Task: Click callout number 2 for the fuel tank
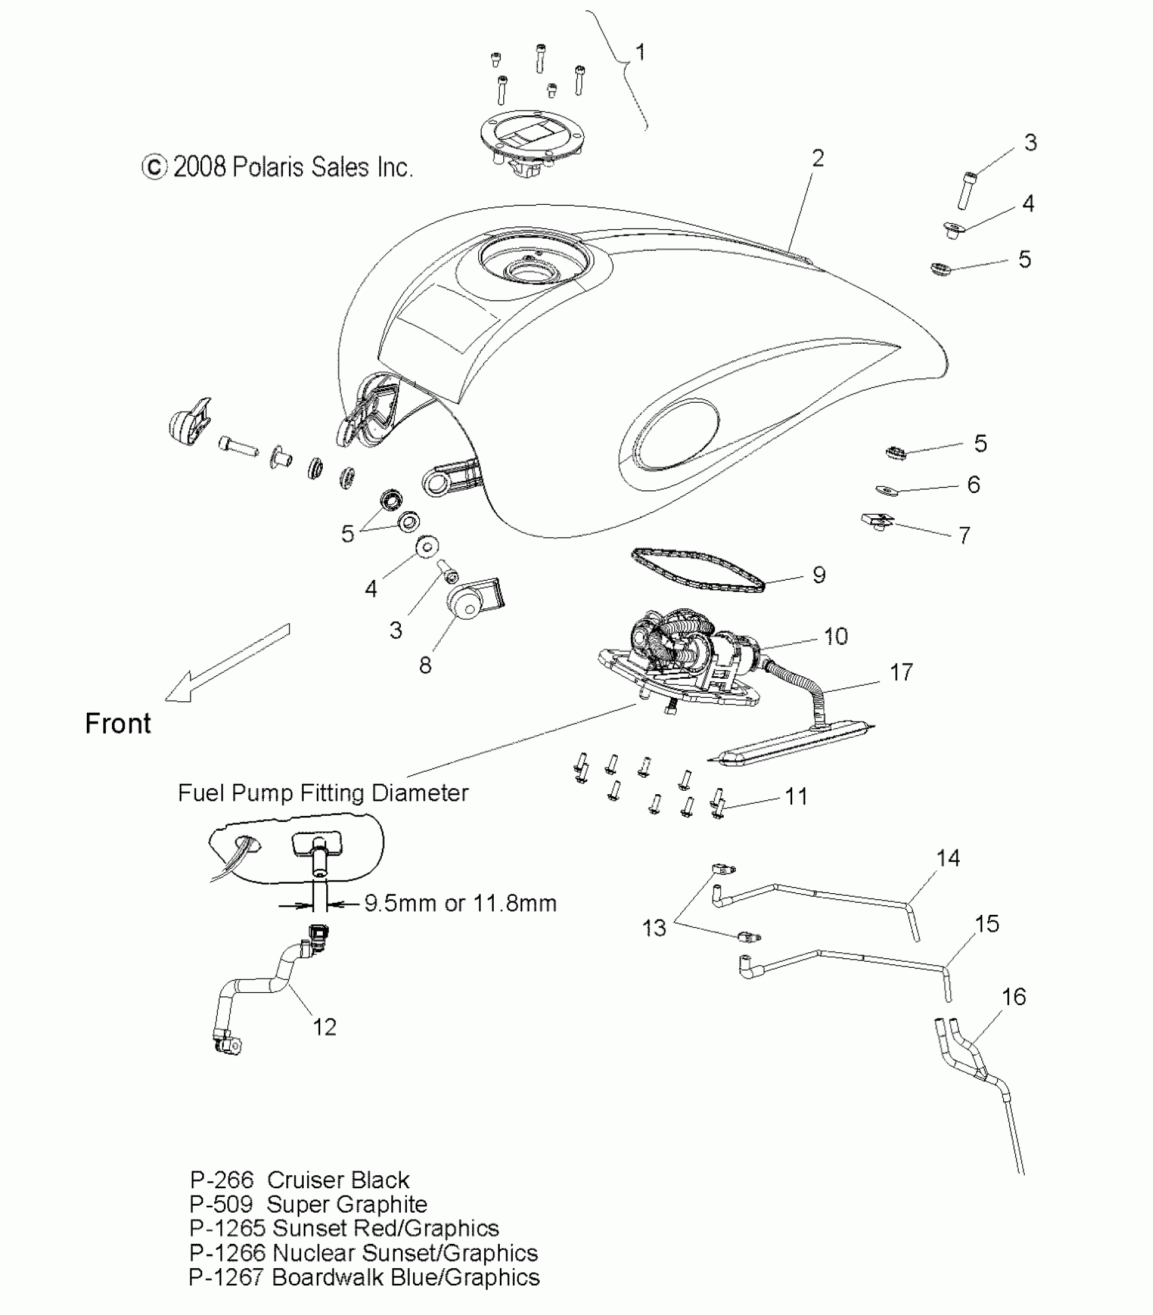pos(818,159)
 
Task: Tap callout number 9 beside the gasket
pos(819,575)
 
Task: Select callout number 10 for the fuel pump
pos(836,636)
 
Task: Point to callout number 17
pos(901,672)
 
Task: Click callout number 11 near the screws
pos(796,796)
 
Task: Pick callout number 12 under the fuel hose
pos(324,1027)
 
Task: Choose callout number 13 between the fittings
pos(654,928)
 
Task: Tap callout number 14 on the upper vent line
pos(947,858)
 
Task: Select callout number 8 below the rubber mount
pos(425,665)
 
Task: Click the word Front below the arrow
pos(118,724)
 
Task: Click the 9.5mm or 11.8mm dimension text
pos(461,903)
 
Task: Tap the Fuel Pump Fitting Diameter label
pos(323,793)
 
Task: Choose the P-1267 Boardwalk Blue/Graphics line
pos(364,1277)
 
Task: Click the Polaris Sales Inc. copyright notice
pos(277,168)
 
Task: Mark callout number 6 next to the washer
pos(973,484)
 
